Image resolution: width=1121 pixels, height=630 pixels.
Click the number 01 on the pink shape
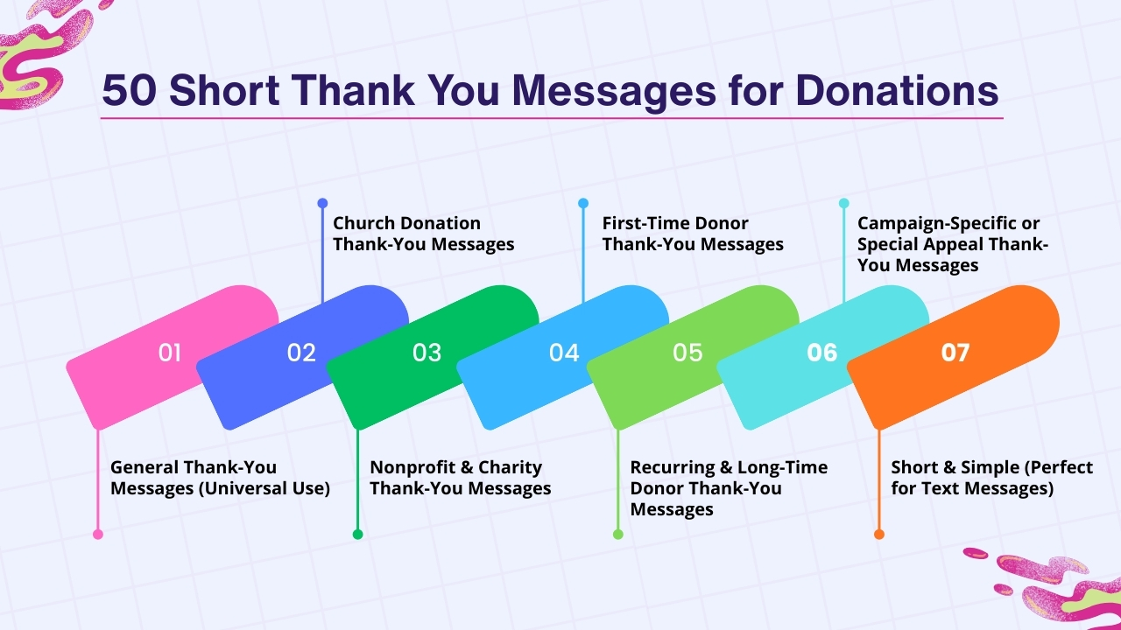[x=170, y=353]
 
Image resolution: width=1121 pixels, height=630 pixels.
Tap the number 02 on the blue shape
[x=301, y=353]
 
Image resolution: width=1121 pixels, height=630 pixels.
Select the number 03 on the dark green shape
[x=427, y=353]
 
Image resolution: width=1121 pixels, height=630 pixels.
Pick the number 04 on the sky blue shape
[x=564, y=353]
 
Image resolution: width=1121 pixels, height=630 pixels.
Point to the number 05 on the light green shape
[x=688, y=353]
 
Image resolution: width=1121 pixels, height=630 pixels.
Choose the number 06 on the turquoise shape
[x=822, y=353]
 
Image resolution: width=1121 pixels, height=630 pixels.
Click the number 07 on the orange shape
[x=955, y=353]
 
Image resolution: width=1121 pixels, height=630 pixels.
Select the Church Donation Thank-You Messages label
[x=423, y=234]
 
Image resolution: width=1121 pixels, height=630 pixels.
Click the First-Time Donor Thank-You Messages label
[x=692, y=234]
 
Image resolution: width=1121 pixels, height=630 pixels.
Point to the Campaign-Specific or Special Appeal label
[x=952, y=244]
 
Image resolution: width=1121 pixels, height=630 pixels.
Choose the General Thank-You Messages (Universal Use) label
[x=220, y=478]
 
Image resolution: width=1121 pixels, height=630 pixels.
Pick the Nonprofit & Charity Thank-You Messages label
[x=460, y=478]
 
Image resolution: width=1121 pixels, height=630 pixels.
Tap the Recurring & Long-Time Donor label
[x=728, y=488]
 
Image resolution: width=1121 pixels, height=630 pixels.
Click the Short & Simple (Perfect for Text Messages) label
[x=991, y=478]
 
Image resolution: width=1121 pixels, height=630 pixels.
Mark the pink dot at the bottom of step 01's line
[x=98, y=534]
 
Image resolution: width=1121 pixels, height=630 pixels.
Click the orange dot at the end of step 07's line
[x=879, y=534]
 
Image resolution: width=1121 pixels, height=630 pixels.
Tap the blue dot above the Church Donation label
[x=322, y=203]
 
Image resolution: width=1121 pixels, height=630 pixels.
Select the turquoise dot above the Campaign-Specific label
[x=844, y=203]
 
